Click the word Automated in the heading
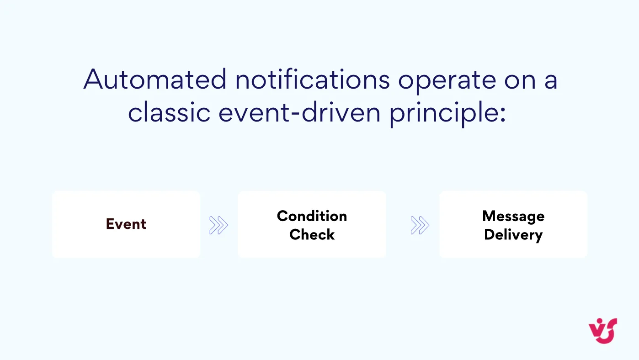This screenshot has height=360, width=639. coord(155,79)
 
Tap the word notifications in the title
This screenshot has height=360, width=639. coord(313,79)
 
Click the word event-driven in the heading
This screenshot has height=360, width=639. coord(299,112)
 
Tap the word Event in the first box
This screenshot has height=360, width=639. coord(126,224)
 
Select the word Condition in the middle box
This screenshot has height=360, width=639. coord(312,216)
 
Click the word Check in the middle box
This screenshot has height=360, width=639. coord(312,234)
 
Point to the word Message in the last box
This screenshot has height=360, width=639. coord(513,216)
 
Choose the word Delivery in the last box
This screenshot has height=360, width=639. coord(513,235)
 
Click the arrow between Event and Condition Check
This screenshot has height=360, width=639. coord(218,225)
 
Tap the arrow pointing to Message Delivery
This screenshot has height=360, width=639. coord(420,225)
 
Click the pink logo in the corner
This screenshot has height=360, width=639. coord(603,330)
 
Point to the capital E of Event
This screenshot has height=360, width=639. coord(110,224)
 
